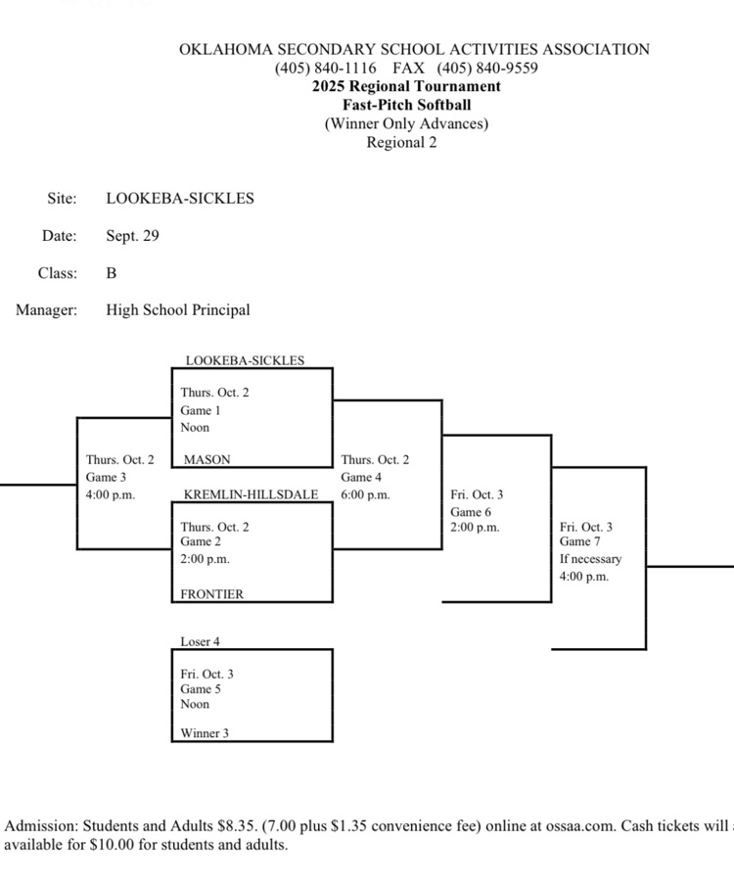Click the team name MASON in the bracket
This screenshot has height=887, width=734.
(207, 459)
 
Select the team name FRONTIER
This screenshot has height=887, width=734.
(212, 594)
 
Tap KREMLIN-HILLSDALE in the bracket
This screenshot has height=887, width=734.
(251, 494)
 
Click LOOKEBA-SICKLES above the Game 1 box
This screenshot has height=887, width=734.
(245, 360)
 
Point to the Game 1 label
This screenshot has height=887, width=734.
(201, 410)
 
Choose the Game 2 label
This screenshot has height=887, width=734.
(201, 541)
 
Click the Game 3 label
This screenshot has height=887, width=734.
(106, 477)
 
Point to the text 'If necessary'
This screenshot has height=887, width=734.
(590, 559)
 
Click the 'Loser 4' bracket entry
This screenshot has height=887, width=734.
(201, 641)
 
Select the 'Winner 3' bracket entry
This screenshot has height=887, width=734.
(205, 732)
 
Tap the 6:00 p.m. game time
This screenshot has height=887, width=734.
(365, 494)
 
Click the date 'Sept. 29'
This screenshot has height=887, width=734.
(132, 236)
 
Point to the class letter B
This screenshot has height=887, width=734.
(112, 273)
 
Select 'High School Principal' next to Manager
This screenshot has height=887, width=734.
(178, 310)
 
